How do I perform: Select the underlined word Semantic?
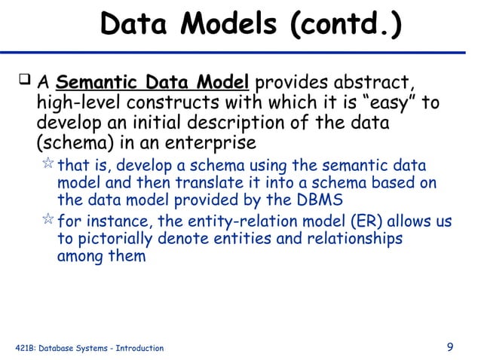93,82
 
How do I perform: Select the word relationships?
356,239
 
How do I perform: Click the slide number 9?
450,347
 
